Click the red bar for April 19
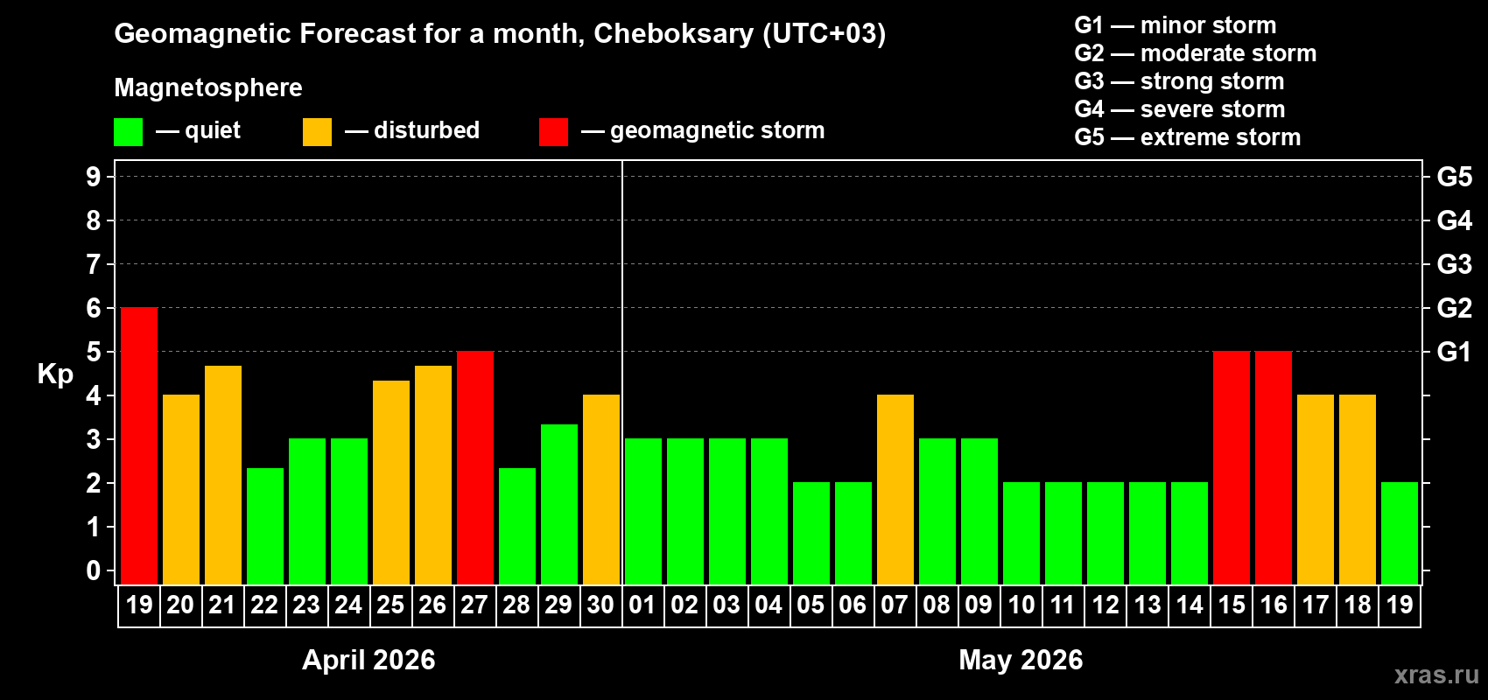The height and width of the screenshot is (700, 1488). click(139, 445)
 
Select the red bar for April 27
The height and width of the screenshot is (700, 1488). click(475, 467)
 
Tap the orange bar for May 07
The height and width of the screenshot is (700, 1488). click(895, 489)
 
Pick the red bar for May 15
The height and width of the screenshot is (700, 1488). click(1232, 467)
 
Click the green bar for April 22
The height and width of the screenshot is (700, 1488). click(265, 526)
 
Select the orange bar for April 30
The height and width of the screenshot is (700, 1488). click(601, 489)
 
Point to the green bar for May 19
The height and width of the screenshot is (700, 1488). click(1400, 533)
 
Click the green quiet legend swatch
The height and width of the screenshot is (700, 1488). click(129, 132)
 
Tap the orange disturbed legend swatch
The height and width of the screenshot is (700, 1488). click(317, 132)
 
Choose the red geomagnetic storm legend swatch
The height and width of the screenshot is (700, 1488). click(553, 132)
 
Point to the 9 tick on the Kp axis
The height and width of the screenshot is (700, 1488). click(94, 177)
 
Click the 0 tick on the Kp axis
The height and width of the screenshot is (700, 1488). click(94, 571)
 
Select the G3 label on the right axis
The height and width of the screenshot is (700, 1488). click(1454, 264)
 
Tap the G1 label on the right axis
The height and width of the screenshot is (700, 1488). click(1454, 352)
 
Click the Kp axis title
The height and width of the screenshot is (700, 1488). click(55, 374)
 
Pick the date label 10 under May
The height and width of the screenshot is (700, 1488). click(1021, 605)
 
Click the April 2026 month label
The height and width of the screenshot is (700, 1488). click(368, 660)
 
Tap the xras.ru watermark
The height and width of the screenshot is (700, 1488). click(1436, 675)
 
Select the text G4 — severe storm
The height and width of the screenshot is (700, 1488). click(1179, 109)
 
